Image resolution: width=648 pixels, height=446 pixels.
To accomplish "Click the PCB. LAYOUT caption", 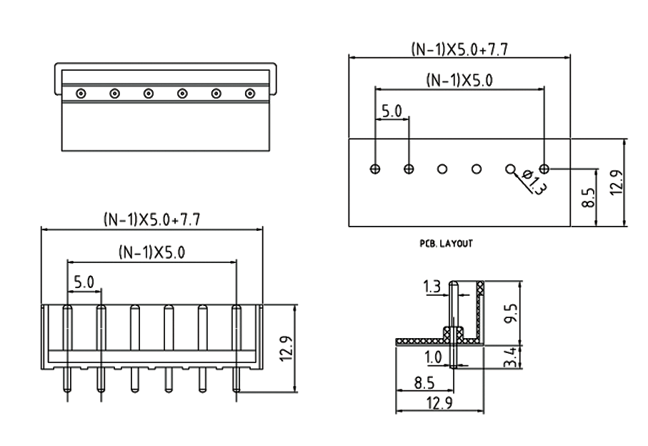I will (x=446, y=244).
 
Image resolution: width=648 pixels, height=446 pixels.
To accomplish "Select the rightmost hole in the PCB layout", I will (x=544, y=169).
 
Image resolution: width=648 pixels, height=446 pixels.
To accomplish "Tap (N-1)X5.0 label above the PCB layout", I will (x=459, y=81).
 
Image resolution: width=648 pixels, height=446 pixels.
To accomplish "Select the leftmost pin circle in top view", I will (x=81, y=93).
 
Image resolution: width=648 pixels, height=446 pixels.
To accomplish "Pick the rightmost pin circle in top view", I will (x=250, y=93).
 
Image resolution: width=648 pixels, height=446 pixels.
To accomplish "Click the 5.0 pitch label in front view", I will (x=84, y=282).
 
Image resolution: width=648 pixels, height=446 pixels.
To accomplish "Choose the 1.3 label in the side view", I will (x=432, y=287).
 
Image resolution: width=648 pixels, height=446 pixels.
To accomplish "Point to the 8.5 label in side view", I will (x=426, y=382).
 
